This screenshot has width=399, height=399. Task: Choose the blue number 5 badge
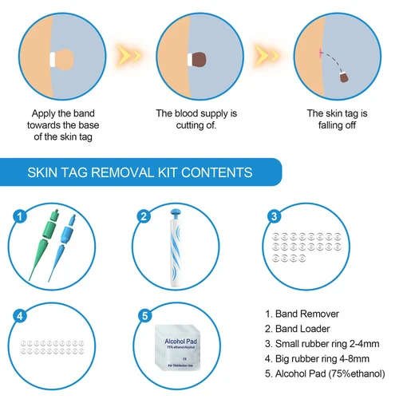[x=144, y=315]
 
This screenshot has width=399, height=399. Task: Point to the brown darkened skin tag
[x=199, y=60]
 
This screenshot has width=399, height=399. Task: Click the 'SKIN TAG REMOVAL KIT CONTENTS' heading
[x=140, y=172]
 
